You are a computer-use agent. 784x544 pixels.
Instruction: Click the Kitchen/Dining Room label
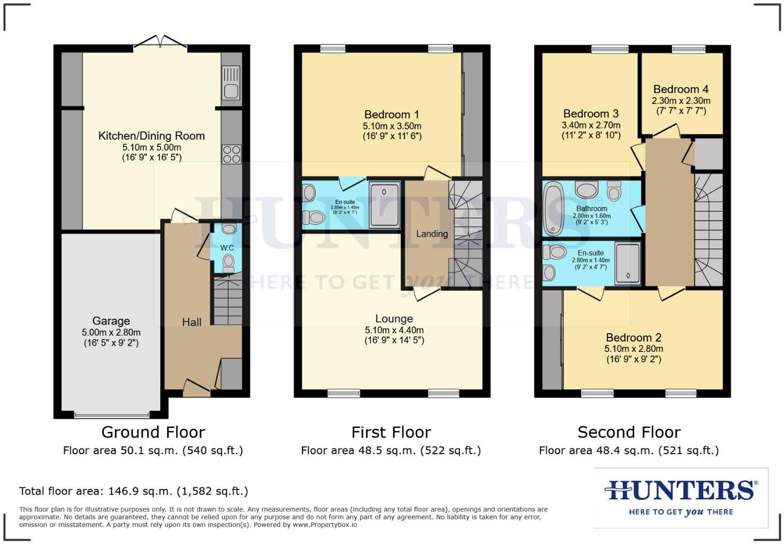coord(151,136)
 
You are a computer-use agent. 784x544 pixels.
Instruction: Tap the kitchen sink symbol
coord(231,83)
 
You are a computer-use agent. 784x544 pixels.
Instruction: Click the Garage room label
coord(111,321)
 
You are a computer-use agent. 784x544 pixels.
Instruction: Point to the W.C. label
coord(228,248)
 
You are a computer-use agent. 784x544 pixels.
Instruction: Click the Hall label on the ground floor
coord(191,322)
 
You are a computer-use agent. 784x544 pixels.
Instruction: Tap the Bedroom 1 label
coord(391,115)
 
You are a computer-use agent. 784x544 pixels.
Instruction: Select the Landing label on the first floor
coord(431,234)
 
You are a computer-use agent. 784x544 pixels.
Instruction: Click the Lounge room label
coord(394,319)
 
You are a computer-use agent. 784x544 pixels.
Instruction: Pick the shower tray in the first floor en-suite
coord(384,205)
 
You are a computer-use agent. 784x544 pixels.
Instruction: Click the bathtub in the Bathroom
coord(553,208)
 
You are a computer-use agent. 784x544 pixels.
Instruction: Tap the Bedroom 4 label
coord(681,89)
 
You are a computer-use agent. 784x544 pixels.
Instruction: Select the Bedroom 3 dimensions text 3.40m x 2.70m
coord(591,125)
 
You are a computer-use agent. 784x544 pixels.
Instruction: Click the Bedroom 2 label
coord(634,338)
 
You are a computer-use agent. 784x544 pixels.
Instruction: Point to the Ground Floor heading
coord(153,432)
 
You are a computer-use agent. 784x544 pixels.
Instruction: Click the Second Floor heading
coord(629,432)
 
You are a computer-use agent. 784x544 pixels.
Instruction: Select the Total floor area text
coord(133,491)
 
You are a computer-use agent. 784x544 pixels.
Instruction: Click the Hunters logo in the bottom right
coord(681,497)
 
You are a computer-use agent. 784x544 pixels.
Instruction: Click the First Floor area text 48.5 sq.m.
coord(391,451)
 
